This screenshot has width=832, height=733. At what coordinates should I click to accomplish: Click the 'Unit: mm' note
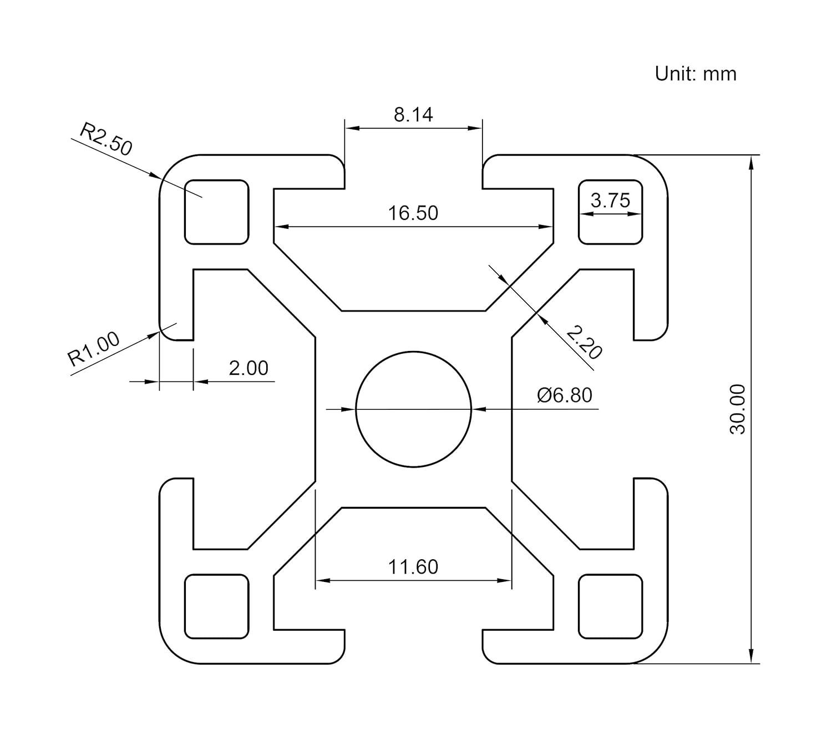point(695,74)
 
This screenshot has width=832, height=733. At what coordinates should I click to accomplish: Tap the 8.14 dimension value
point(413,114)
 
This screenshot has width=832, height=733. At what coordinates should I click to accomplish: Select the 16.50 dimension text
point(413,213)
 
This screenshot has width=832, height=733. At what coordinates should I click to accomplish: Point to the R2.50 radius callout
point(106,139)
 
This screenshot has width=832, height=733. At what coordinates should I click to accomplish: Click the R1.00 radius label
point(93,349)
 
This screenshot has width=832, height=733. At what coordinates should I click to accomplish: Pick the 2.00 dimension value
point(248,368)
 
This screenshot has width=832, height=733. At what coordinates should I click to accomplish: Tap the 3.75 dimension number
point(610,200)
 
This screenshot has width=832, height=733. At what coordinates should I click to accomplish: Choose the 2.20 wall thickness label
point(584,343)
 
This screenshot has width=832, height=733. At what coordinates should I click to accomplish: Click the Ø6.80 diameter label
point(565,395)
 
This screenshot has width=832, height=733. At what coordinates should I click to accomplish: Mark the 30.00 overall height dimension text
point(738,409)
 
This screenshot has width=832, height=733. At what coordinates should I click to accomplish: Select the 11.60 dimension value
point(413,567)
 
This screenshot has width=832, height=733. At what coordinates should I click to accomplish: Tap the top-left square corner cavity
point(216,212)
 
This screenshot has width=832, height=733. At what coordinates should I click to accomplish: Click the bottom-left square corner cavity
point(216,606)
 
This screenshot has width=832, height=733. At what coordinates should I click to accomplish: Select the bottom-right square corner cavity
point(610,606)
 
